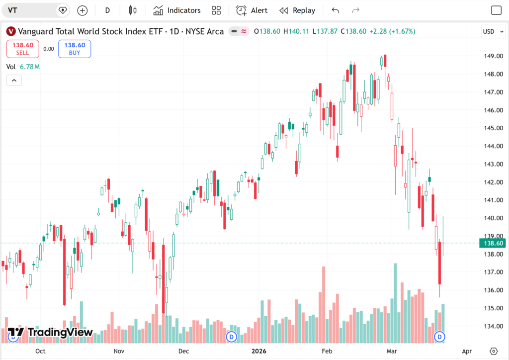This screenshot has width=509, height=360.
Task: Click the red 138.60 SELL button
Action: point(23,49)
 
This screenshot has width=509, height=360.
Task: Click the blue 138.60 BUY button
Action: point(75,49)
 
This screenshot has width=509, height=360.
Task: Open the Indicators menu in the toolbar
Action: point(177,10)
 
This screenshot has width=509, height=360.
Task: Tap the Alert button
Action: point(252,10)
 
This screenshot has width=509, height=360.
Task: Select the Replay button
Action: point(297,10)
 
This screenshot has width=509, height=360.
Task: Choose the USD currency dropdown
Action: point(493,31)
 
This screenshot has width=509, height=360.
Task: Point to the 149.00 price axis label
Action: point(494,56)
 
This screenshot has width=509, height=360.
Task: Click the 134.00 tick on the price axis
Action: point(494,326)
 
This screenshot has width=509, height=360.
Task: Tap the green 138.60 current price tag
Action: point(493,243)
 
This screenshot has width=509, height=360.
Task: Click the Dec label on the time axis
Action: point(184,351)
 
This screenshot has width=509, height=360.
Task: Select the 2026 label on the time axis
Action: point(258,351)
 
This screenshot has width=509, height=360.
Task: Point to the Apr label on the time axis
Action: point(467,351)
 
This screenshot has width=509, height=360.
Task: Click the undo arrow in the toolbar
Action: point(336,10)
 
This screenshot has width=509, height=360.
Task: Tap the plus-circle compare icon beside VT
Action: point(83,10)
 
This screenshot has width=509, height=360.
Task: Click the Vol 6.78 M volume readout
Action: point(23,67)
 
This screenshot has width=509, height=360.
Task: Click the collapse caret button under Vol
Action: point(14,80)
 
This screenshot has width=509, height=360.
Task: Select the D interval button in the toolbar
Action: point(107,10)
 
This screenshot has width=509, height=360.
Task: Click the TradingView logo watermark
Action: point(50,332)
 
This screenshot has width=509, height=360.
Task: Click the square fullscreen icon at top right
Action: point(496,10)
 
